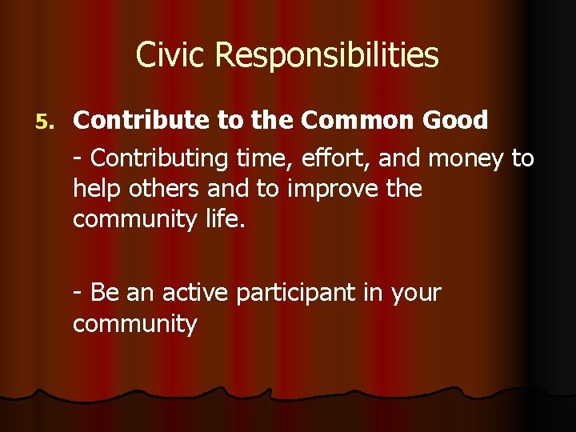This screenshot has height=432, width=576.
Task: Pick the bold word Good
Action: coord(455,121)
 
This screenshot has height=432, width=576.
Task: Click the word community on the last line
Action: coord(134,324)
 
